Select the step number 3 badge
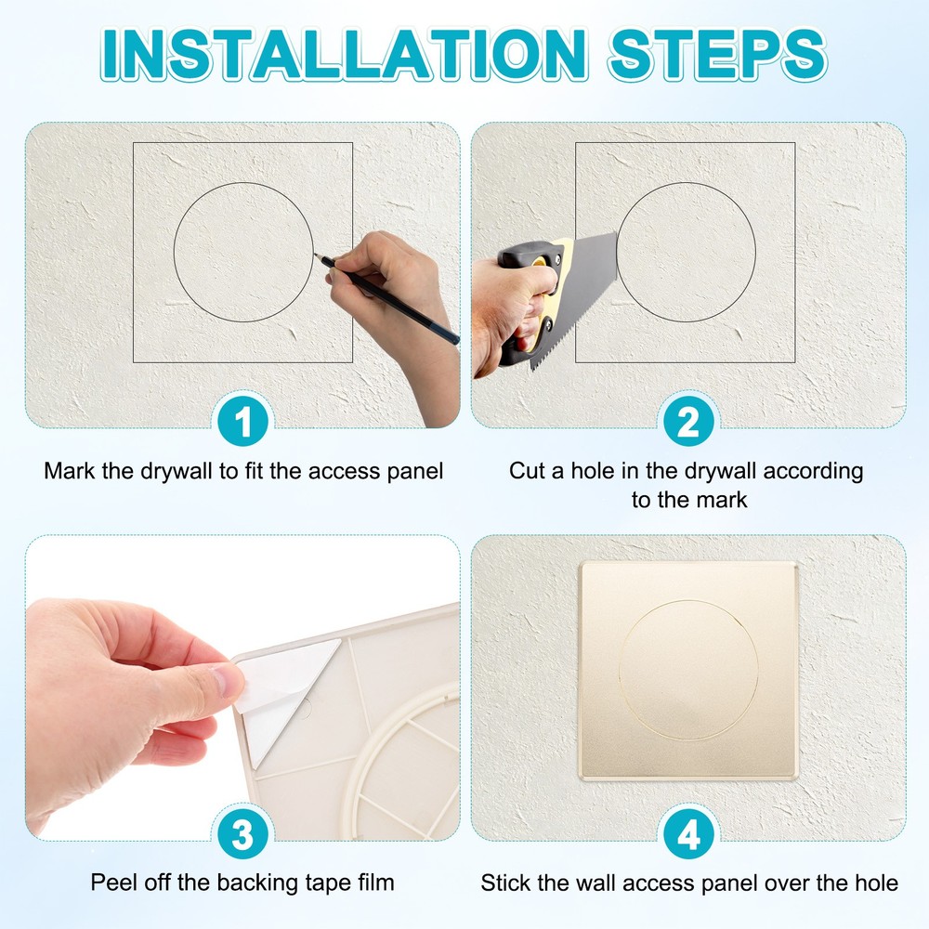243,835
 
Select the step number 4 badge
687,835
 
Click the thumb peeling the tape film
223,683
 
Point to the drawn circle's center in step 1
243,253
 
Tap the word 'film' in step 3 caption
374,882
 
